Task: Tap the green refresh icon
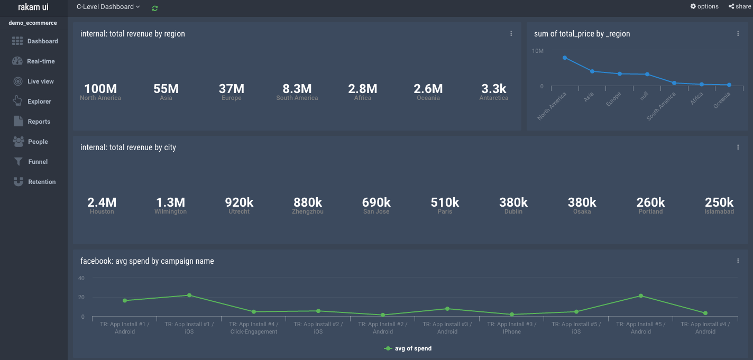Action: (155, 8)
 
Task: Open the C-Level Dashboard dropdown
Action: (108, 7)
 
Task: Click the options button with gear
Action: (704, 6)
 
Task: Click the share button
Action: (740, 6)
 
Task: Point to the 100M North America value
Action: (100, 89)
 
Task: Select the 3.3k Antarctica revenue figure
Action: (494, 89)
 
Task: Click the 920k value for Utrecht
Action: (239, 202)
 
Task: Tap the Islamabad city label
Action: (719, 211)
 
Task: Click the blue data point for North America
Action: (565, 58)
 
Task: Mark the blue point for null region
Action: (647, 74)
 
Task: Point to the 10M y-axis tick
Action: (538, 51)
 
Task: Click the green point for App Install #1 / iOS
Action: (189, 295)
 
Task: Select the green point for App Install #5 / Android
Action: (641, 296)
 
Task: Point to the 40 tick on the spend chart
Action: (81, 278)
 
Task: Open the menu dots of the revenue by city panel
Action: (738, 147)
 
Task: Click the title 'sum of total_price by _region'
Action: (582, 34)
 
